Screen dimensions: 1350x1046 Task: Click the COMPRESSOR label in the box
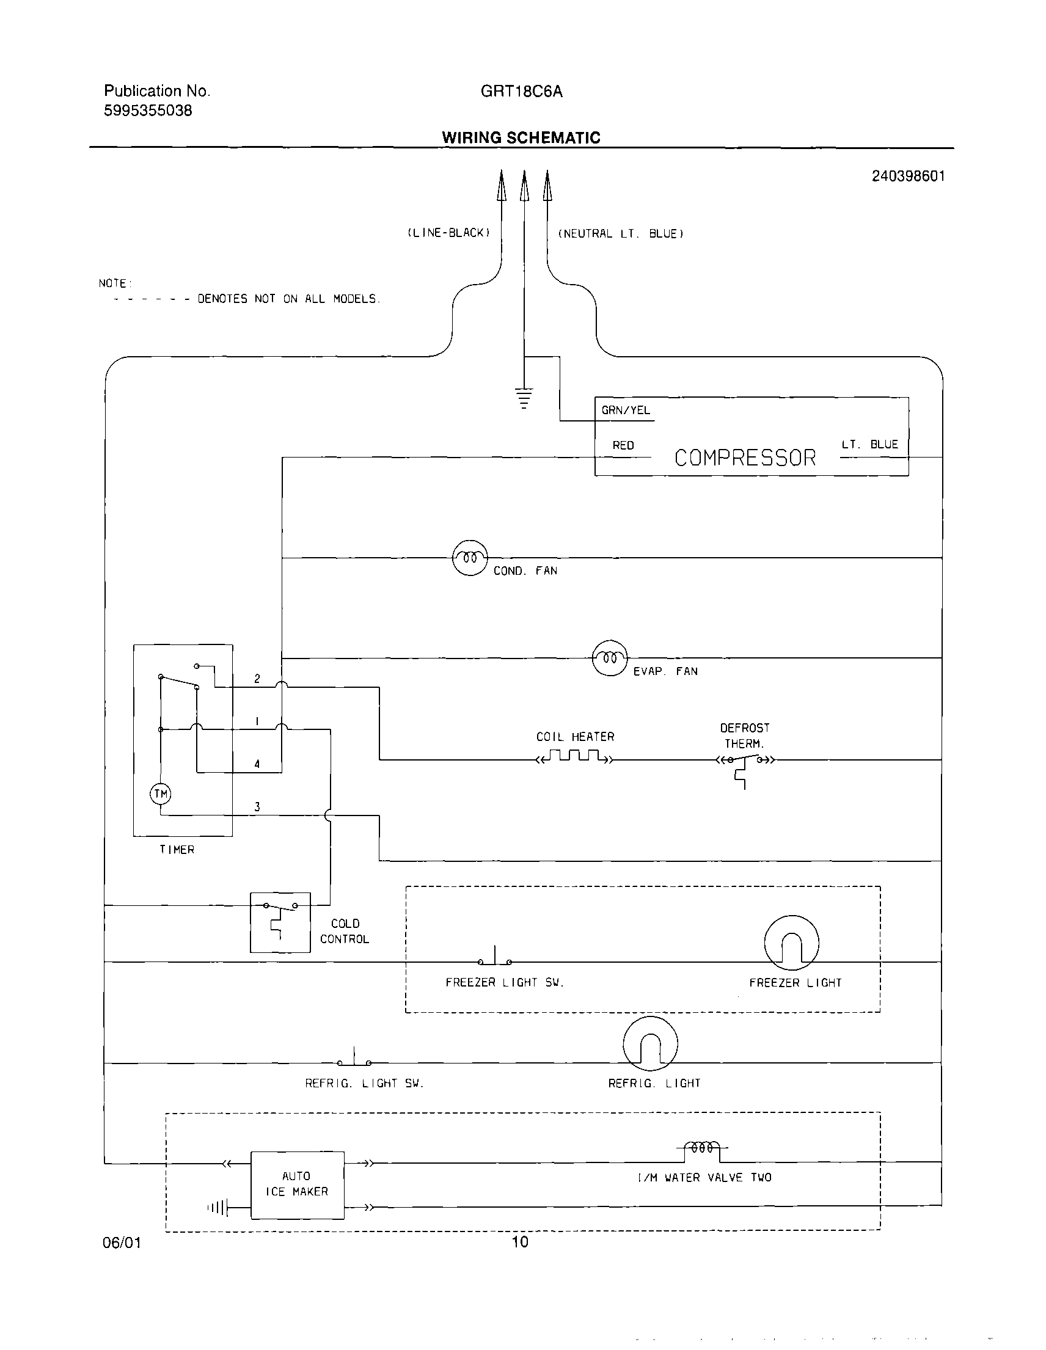coord(745,458)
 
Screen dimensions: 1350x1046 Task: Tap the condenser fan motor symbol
coord(470,558)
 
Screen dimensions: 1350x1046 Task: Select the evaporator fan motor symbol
coord(610,659)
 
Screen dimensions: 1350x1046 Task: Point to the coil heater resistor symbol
coord(574,757)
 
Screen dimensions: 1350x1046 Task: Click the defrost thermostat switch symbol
coord(744,764)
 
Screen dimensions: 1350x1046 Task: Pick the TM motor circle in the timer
coord(161,794)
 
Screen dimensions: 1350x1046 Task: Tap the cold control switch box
coord(280,922)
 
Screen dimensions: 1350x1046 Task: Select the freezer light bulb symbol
coord(791,943)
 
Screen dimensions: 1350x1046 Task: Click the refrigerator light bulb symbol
coord(649,1044)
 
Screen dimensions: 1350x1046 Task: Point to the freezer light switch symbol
coord(494,958)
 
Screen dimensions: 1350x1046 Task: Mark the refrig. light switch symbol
coord(354,1059)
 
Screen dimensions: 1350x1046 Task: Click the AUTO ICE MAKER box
coord(297,1184)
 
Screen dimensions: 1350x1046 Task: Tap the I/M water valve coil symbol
coord(702,1148)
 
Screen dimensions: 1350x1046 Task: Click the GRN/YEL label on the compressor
coord(626,410)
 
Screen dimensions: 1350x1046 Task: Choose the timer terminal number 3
coord(257,807)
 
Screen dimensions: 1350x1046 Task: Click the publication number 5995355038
coord(148,111)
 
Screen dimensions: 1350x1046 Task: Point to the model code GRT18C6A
coord(521,92)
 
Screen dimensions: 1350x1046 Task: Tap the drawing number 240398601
coord(907,176)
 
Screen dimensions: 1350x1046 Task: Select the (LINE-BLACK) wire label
coord(448,233)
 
